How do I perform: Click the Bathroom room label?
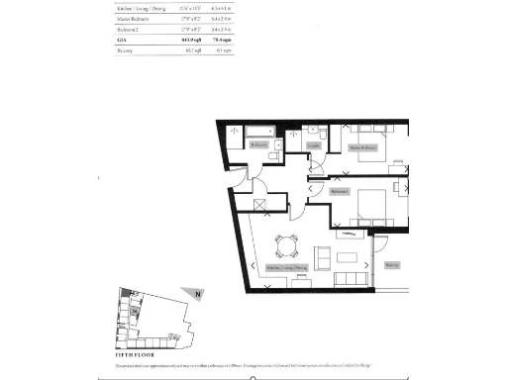(x=259, y=144)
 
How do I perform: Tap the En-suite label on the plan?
(x=314, y=144)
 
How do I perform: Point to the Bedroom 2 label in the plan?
(x=341, y=190)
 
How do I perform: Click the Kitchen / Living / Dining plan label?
(x=288, y=267)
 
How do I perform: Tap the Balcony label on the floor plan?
(x=393, y=264)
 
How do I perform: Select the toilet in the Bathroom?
(x=280, y=148)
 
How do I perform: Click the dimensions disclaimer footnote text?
(x=253, y=366)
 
